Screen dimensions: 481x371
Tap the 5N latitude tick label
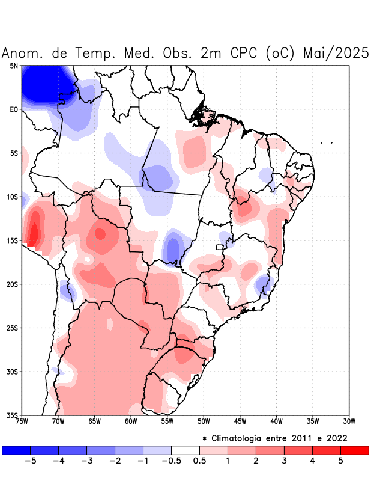click(x=14, y=66)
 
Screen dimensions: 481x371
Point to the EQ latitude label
click(x=13, y=109)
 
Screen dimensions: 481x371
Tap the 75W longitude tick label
click(x=22, y=421)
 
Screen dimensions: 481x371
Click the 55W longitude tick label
click(x=167, y=421)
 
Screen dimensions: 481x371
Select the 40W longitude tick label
click(x=276, y=421)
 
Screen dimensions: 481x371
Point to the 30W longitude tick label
click(x=349, y=421)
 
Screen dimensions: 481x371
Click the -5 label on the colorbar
click(x=31, y=461)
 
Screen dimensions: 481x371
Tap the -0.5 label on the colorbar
click(x=172, y=461)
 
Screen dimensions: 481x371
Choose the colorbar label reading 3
click(x=284, y=461)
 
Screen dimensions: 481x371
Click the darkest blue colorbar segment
click(x=16, y=450)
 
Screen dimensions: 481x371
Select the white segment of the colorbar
click(x=185, y=450)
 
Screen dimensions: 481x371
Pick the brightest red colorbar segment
click(x=354, y=450)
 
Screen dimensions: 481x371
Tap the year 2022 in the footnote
click(x=336, y=438)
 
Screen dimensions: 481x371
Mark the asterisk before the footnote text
click(x=204, y=438)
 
